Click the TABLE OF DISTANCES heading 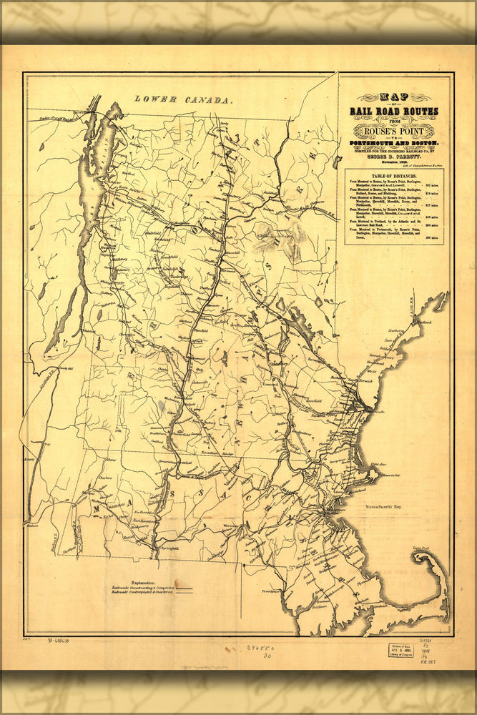[x=395, y=175]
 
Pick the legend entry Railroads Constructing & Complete [x=143, y=588]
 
